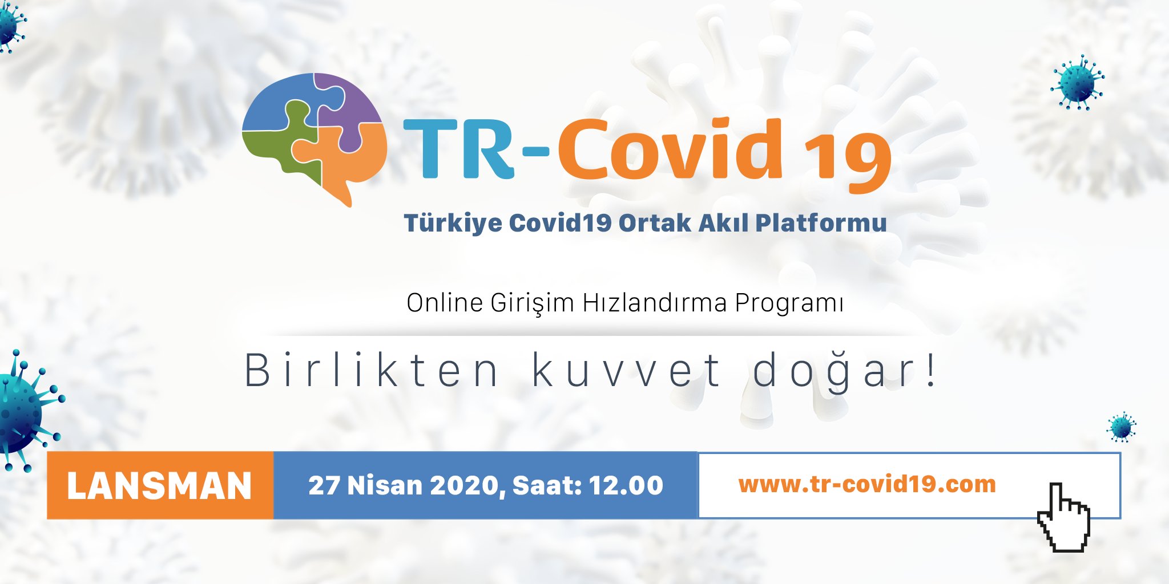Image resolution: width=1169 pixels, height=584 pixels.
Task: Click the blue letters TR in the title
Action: coord(459,149)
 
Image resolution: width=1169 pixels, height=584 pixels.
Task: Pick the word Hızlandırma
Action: coord(655,302)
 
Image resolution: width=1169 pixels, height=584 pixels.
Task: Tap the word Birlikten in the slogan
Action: coord(372,371)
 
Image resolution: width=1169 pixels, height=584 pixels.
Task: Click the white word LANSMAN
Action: coord(159,486)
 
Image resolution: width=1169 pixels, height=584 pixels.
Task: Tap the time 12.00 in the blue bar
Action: coord(626,485)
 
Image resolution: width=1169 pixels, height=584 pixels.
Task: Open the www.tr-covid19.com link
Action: coord(867,484)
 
